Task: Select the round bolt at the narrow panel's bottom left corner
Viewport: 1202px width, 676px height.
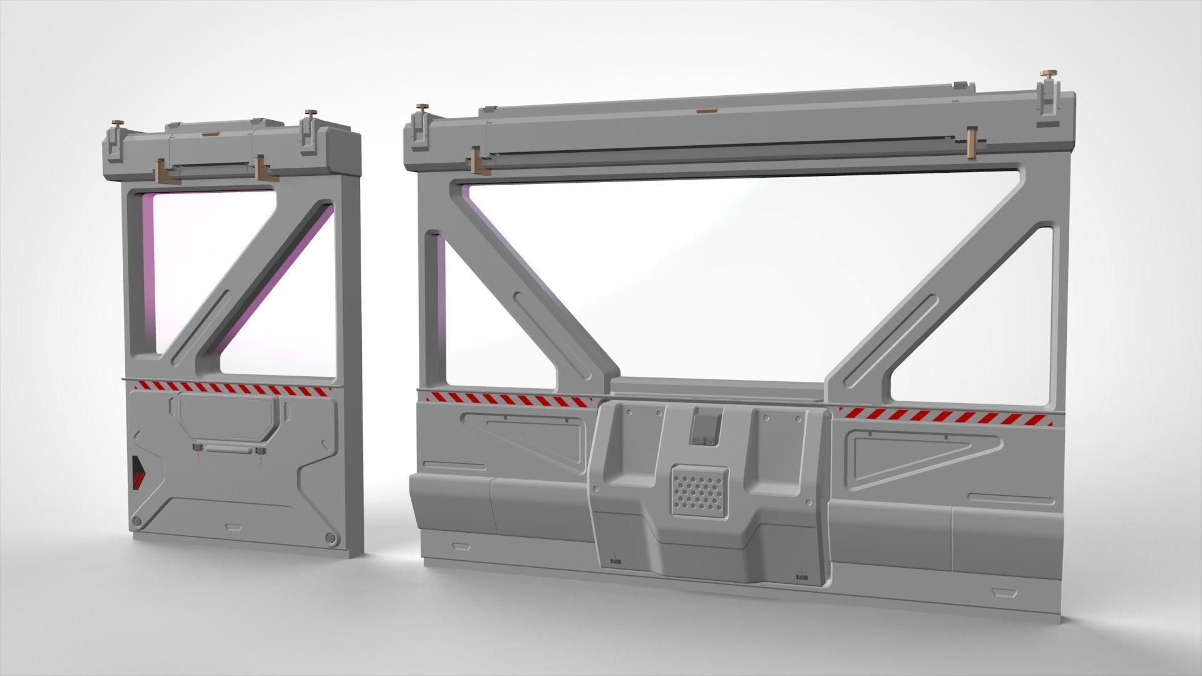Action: [136, 521]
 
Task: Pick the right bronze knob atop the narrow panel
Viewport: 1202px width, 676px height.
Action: [309, 113]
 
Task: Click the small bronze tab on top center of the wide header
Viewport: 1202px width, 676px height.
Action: [705, 111]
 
